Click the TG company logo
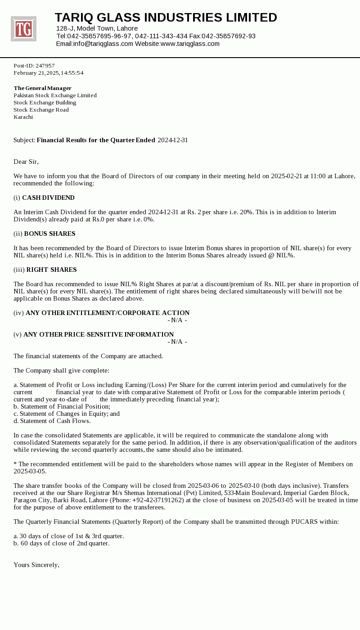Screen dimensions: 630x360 tap(23, 29)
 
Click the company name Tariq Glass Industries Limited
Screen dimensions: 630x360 tap(166, 18)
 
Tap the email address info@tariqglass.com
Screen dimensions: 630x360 tap(103, 44)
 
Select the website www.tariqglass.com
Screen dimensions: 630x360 tap(190, 44)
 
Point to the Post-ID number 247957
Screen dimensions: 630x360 tap(45, 66)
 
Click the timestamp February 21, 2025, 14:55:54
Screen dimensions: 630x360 tap(49, 73)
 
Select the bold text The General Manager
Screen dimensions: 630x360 tap(42, 88)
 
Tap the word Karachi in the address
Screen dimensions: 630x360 tap(23, 117)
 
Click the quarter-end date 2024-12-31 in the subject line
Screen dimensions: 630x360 tap(173, 140)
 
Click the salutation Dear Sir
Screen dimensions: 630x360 tap(26, 162)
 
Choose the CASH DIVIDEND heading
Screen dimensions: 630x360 tap(48, 198)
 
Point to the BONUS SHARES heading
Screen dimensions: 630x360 tap(49, 234)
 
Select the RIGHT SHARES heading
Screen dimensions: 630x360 tap(51, 270)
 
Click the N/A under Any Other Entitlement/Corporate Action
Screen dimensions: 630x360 tap(177, 320)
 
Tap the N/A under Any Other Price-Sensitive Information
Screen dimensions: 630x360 tap(177, 342)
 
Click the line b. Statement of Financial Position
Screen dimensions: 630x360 tap(62, 406)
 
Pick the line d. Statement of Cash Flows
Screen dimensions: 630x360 tap(52, 421)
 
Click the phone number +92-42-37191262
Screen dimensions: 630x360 tap(158, 500)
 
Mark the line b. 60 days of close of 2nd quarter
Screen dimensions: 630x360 tap(61, 543)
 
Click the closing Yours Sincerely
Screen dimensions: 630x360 tap(36, 565)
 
